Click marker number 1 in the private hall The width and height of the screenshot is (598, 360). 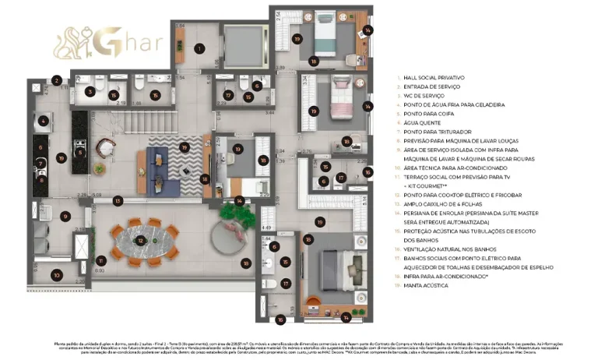199,48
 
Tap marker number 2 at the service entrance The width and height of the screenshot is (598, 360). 57,79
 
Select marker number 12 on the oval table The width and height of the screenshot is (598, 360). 140,242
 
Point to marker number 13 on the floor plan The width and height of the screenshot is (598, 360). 118,201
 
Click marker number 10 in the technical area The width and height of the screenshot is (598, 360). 57,274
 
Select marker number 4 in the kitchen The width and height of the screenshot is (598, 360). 43,121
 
